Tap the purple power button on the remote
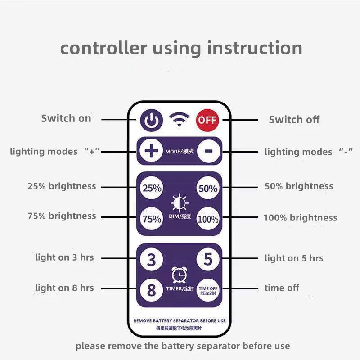pyautogui.click(x=152, y=120)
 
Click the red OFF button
pyautogui.click(x=207, y=120)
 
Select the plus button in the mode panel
pyautogui.click(x=152, y=151)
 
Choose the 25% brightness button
pyautogui.click(x=152, y=188)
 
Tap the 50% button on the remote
pyautogui.click(x=208, y=188)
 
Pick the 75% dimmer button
pyautogui.click(x=152, y=218)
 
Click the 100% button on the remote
pyautogui.click(x=208, y=218)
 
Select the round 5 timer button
pyautogui.click(x=208, y=259)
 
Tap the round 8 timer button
pyautogui.click(x=152, y=290)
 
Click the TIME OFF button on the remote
pyautogui.click(x=208, y=290)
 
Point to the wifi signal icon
pyautogui.click(x=179, y=119)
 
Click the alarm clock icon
pyautogui.click(x=179, y=274)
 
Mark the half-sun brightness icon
pyautogui.click(x=180, y=203)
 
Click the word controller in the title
pyautogui.click(x=103, y=48)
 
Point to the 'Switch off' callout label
pyautogui.click(x=294, y=120)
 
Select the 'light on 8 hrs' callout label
pyautogui.click(x=64, y=288)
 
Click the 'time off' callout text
pyautogui.click(x=282, y=288)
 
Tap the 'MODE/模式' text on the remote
pyautogui.click(x=180, y=151)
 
